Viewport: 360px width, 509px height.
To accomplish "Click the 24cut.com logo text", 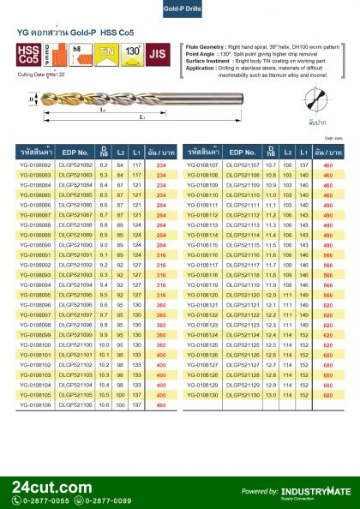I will (51, 487).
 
